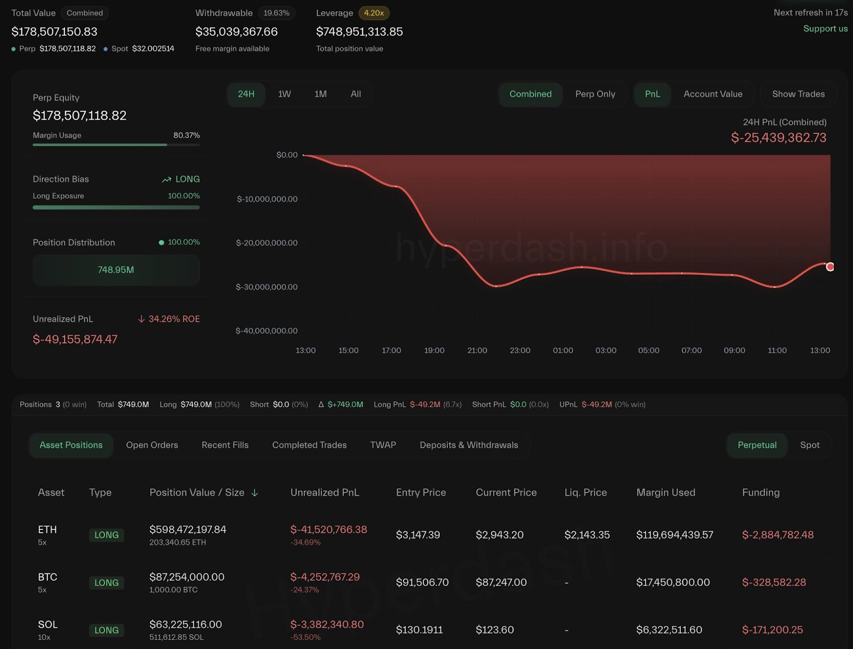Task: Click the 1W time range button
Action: [x=284, y=94]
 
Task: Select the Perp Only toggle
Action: [x=595, y=94]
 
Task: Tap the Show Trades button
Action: [x=798, y=94]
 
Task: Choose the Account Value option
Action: [x=713, y=94]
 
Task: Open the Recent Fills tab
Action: [x=225, y=445]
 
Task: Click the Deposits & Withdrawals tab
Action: [x=469, y=445]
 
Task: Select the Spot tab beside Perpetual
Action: [x=809, y=445]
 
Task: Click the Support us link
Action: [x=825, y=29]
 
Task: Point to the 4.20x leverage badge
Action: [x=374, y=13]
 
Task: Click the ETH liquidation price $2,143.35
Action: [x=587, y=535]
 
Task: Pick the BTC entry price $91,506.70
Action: [x=422, y=582]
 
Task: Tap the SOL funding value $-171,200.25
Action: [x=772, y=630]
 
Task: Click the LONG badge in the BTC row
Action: [x=107, y=583]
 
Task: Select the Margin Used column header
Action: [x=665, y=493]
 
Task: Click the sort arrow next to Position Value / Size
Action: [x=255, y=493]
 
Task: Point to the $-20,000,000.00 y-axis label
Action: [x=267, y=243]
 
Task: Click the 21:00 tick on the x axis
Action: [x=477, y=351]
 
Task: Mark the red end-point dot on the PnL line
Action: [x=830, y=267]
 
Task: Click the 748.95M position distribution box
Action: [x=116, y=270]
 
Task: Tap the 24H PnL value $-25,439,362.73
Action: [x=778, y=138]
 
